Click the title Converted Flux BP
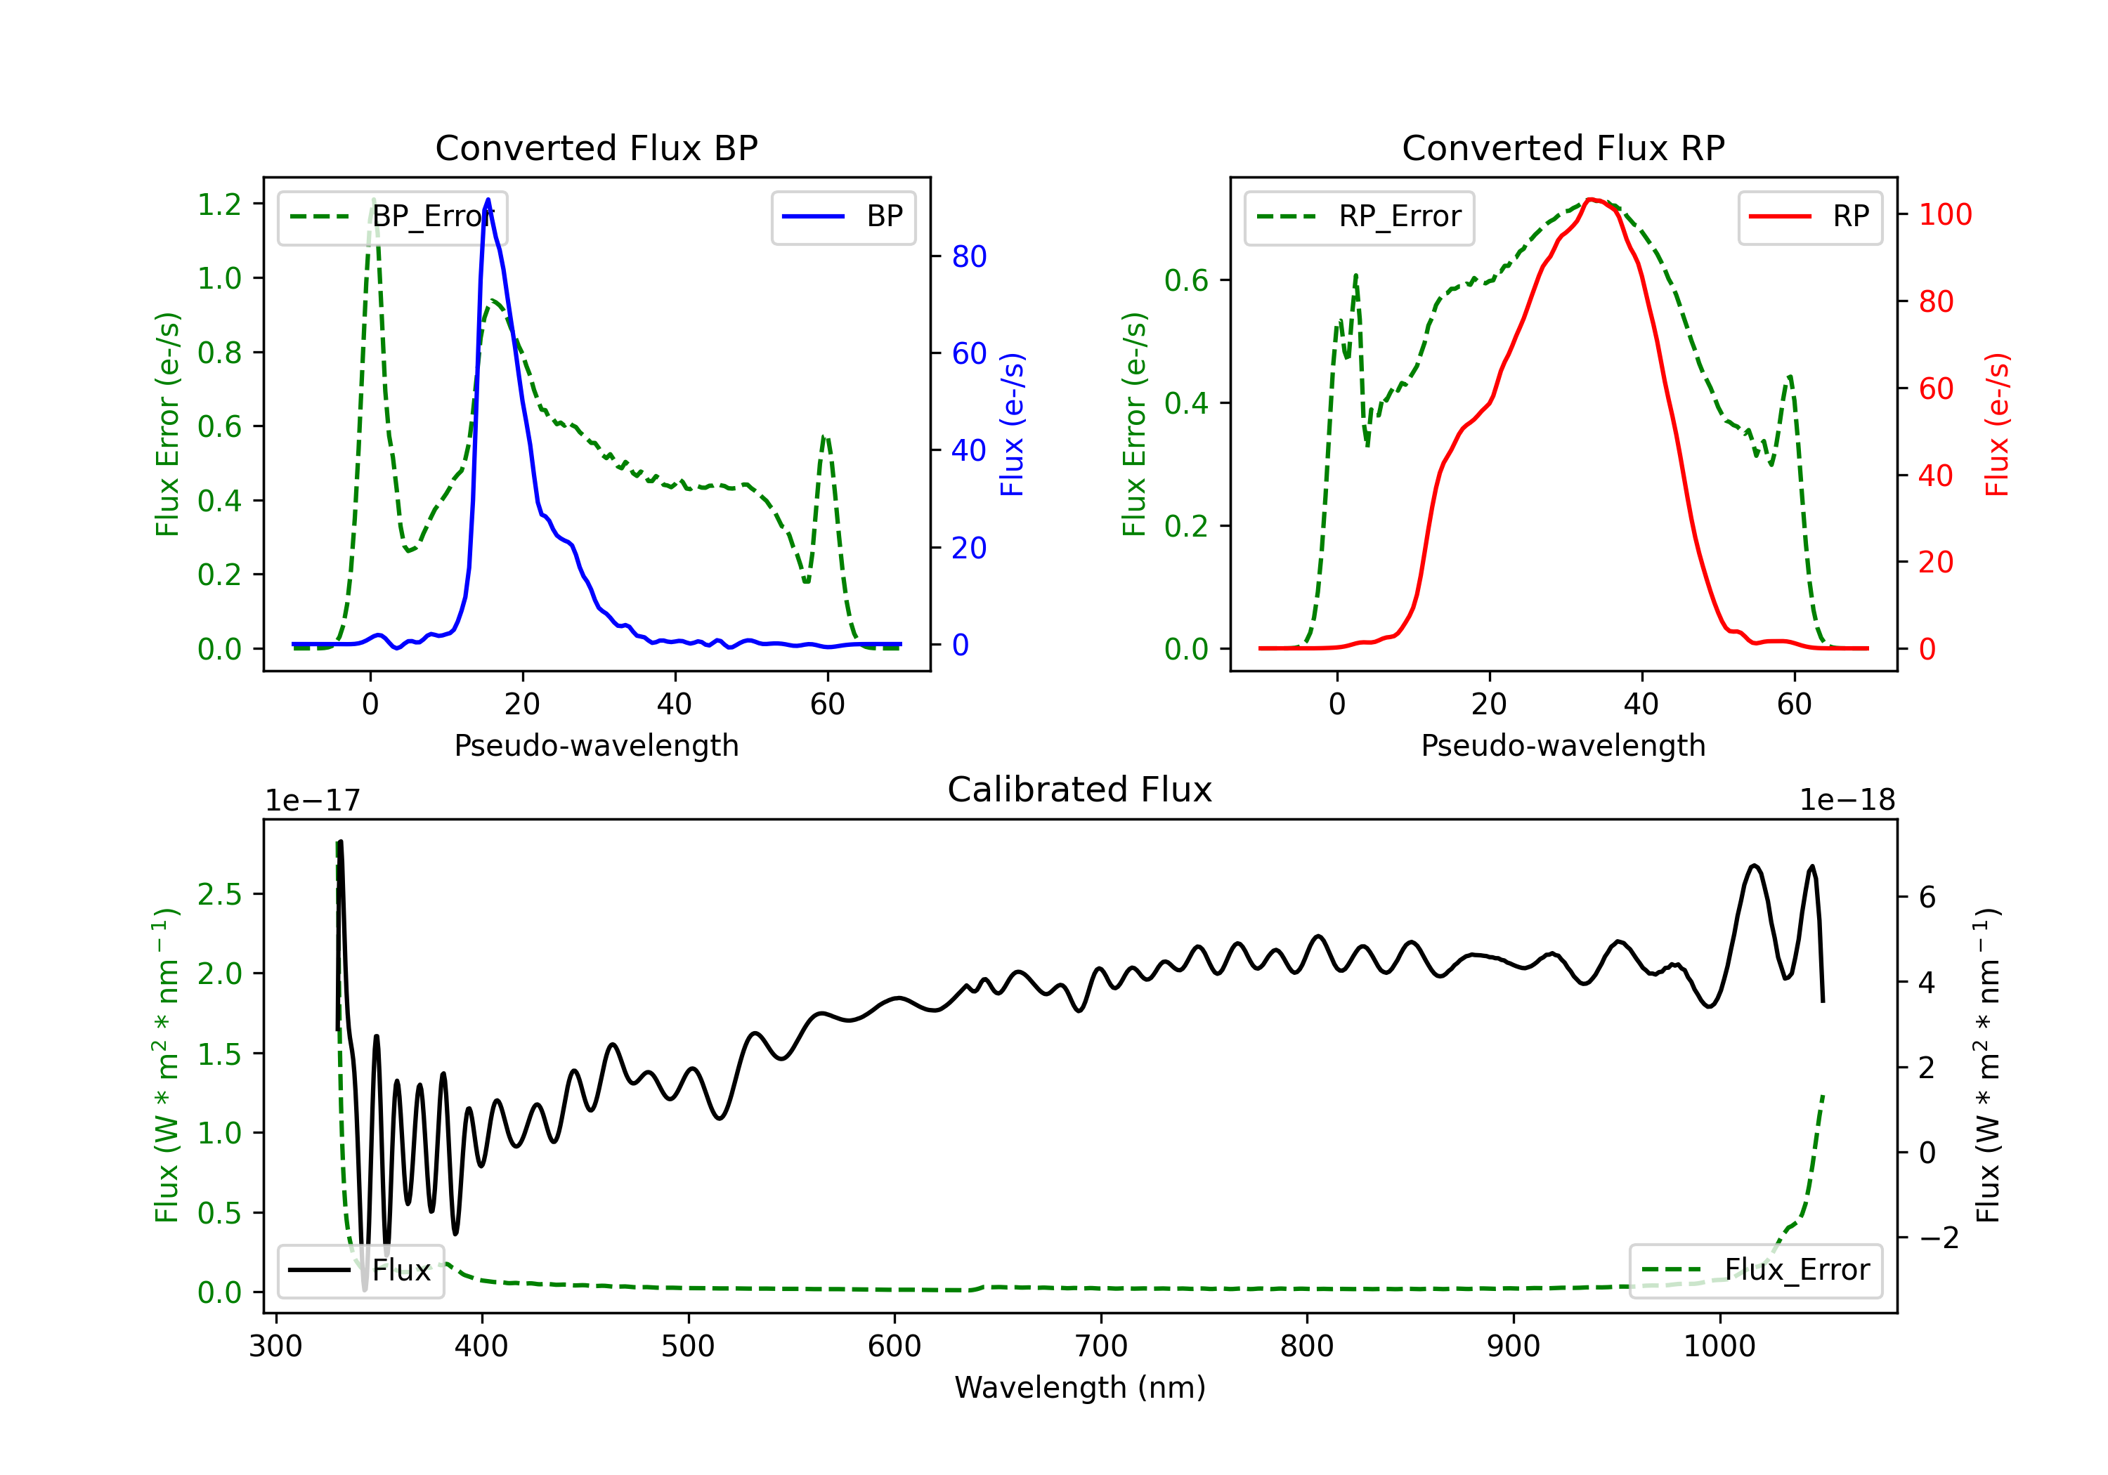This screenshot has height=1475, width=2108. (596, 147)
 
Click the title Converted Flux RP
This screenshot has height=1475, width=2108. (1563, 147)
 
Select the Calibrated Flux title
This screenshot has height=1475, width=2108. (1080, 789)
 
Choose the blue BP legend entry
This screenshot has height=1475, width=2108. (842, 216)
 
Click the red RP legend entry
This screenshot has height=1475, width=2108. (1809, 216)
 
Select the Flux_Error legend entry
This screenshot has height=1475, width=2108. (1755, 1271)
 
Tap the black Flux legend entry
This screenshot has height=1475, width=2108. (360, 1271)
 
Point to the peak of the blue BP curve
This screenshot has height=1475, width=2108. (488, 199)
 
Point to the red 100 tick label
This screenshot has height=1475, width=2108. (1944, 215)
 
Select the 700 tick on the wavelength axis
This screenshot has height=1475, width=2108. (1100, 1346)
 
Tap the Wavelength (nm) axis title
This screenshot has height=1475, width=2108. (1080, 1388)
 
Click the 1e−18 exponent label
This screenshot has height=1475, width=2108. (1847, 801)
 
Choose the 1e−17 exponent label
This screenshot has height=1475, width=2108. (312, 801)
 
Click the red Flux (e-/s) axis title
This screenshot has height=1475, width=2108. (1996, 425)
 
